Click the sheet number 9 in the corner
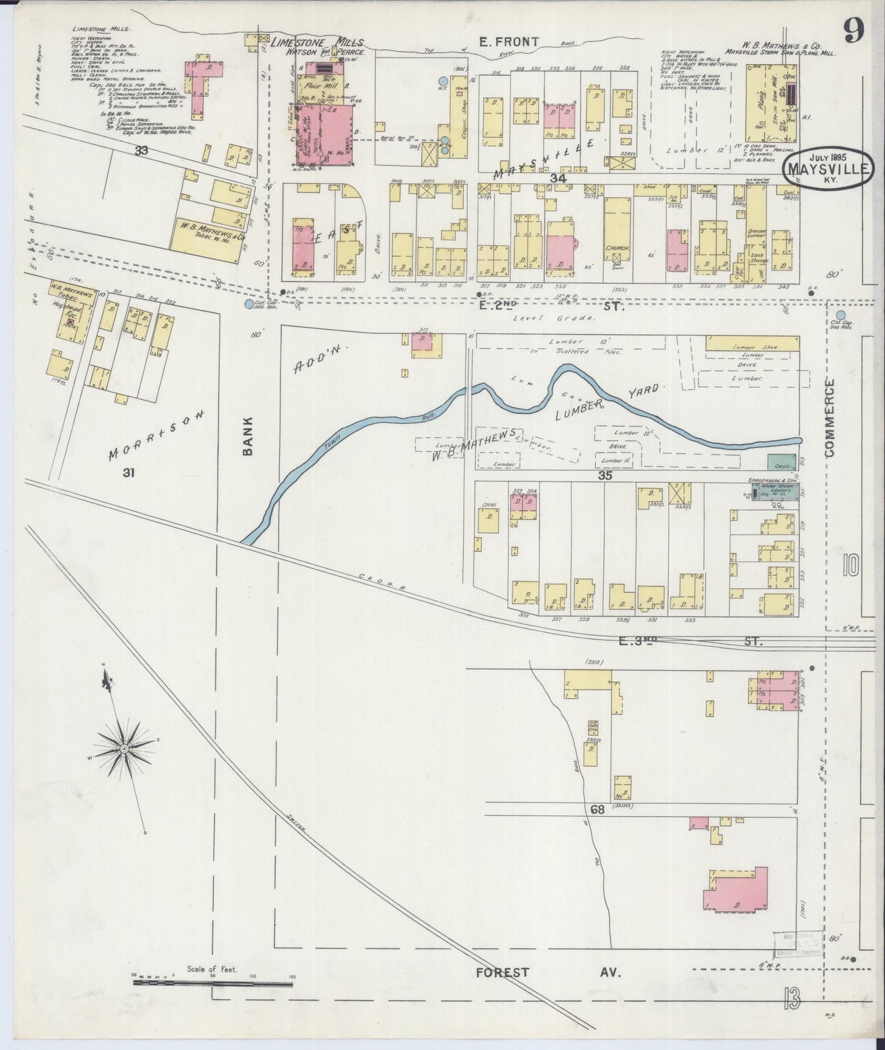click(x=853, y=31)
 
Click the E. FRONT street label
click(x=508, y=42)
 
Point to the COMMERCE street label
click(x=830, y=418)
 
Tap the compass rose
click(x=124, y=749)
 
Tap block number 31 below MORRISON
click(x=128, y=472)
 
